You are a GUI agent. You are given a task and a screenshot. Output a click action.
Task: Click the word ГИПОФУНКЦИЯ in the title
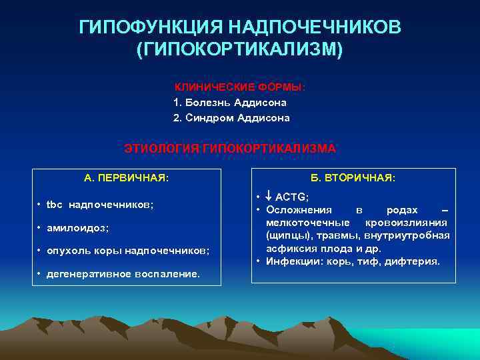coord(151,27)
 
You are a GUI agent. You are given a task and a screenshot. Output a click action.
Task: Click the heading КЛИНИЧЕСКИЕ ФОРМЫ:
coord(240,87)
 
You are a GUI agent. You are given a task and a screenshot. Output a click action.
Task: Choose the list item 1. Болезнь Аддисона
coord(230,103)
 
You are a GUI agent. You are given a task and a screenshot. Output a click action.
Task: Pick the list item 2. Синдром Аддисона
coord(231,118)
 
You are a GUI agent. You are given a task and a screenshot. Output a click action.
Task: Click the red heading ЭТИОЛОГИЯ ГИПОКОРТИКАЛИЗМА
coord(230,148)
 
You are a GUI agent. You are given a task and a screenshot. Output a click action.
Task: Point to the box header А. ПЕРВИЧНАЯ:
coord(127,178)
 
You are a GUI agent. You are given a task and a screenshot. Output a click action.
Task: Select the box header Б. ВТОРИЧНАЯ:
coord(353,178)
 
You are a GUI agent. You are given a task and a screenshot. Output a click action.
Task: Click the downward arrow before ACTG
coord(269,197)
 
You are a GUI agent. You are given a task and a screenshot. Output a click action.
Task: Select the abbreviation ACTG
coord(291,197)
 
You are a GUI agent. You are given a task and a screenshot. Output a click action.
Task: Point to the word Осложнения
coord(294,209)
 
